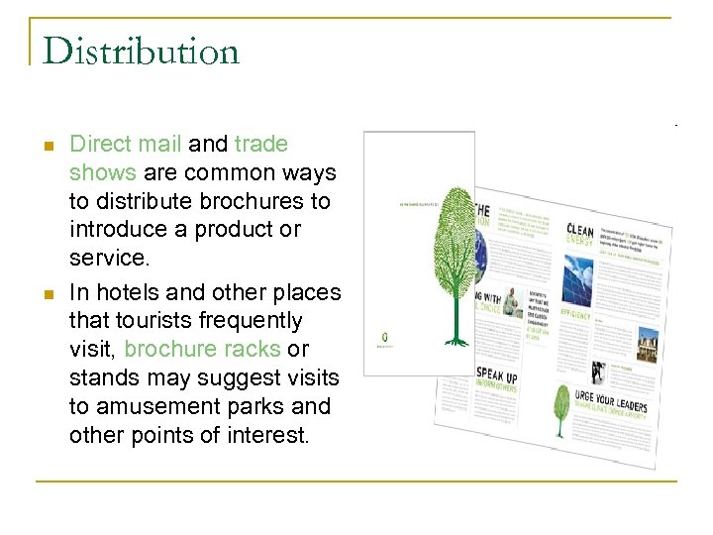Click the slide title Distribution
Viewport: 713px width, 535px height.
coord(141,51)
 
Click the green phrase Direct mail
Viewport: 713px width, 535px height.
coord(125,145)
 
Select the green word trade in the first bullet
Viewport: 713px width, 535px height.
coord(261,145)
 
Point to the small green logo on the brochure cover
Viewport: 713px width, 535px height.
coord(383,338)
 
